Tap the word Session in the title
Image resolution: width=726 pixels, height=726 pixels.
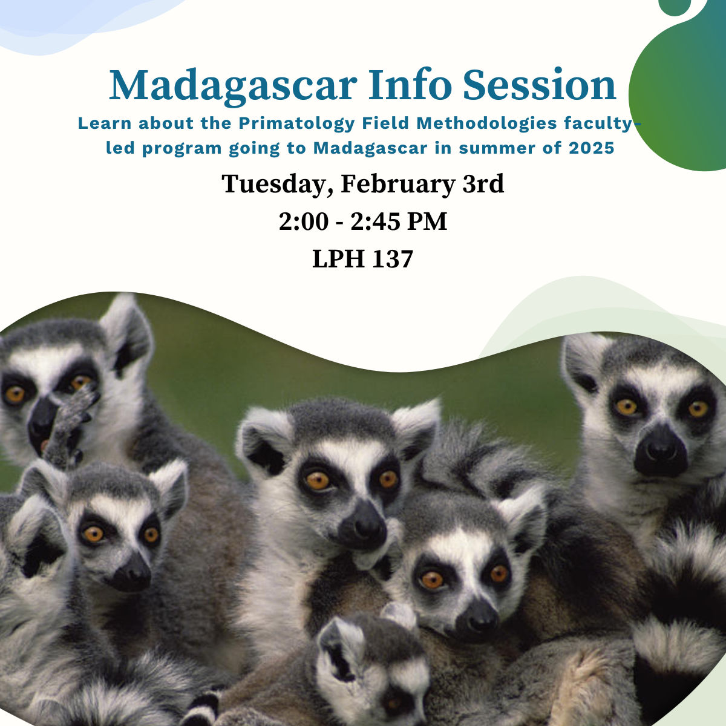[x=540, y=85]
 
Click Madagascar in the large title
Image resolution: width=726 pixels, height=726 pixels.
[x=233, y=85]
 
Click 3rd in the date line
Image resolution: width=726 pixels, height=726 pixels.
[x=483, y=184]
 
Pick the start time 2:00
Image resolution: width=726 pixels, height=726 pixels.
[x=303, y=222]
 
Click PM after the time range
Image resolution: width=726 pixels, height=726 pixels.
[x=427, y=222]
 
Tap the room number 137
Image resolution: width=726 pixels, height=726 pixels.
[x=392, y=260]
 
